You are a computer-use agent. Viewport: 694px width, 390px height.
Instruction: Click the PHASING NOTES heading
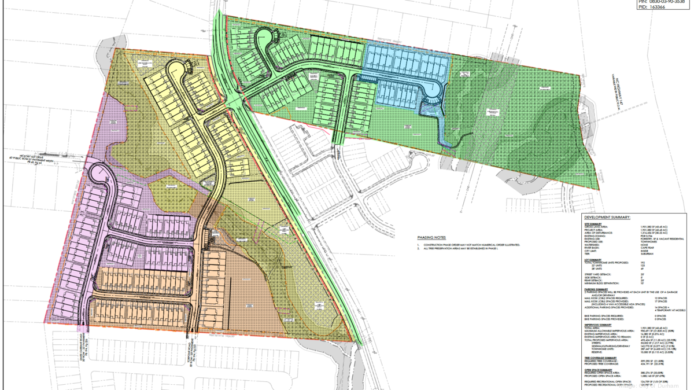pos(431,238)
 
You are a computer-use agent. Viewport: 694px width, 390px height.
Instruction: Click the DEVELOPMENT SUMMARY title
pos(607,217)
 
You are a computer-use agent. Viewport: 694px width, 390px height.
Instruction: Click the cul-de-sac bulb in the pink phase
pos(98,172)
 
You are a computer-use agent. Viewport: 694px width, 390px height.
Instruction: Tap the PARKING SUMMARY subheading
pos(596,289)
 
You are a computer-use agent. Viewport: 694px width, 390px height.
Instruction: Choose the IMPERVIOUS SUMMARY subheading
pos(598,325)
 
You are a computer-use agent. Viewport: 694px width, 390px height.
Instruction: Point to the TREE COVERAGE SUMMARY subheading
pos(600,358)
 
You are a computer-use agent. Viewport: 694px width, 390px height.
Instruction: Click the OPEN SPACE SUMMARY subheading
pos(598,370)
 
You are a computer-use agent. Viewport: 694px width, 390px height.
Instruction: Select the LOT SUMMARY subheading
pos(593,260)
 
